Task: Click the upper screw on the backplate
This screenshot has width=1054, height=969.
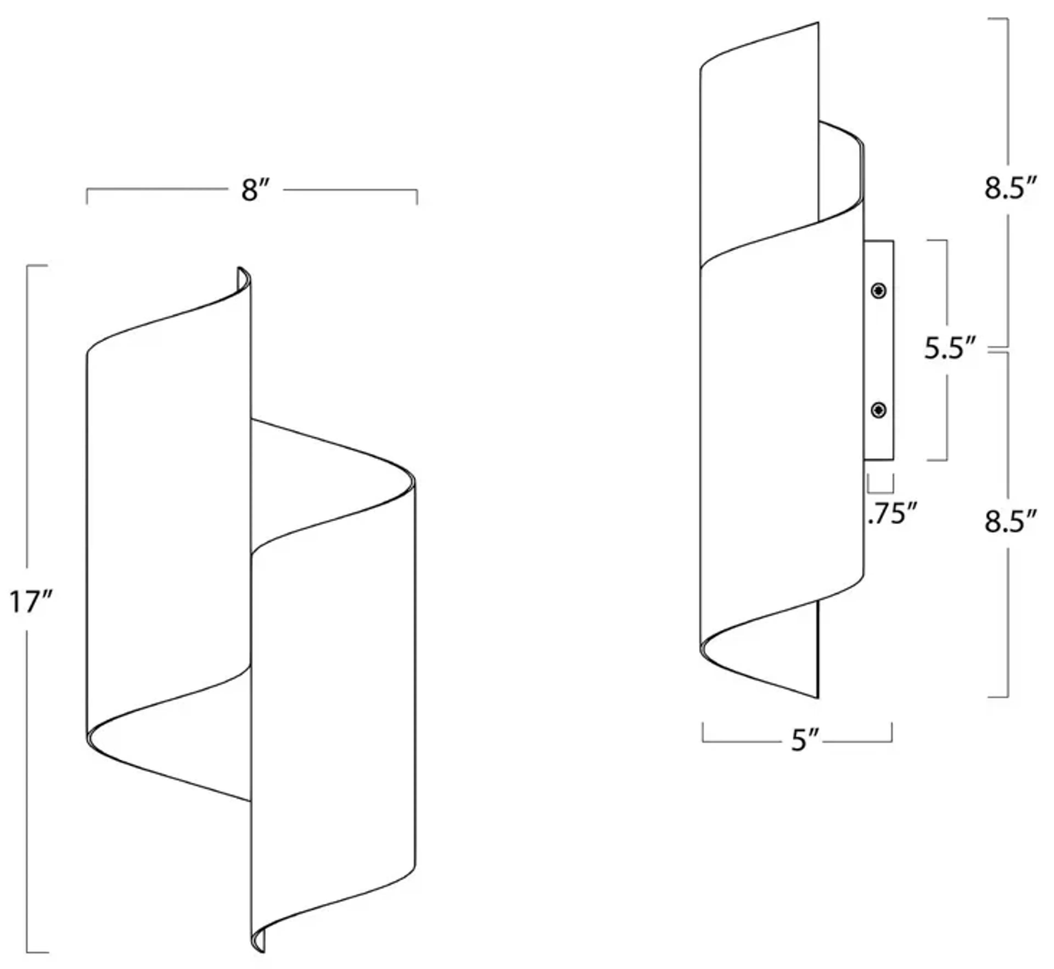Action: (x=878, y=290)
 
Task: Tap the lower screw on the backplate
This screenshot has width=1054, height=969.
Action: (x=878, y=410)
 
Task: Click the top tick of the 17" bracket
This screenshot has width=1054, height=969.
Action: (x=37, y=266)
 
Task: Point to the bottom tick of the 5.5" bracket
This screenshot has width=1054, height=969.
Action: (x=938, y=460)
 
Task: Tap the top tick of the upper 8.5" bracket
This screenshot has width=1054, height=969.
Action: (x=998, y=19)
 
